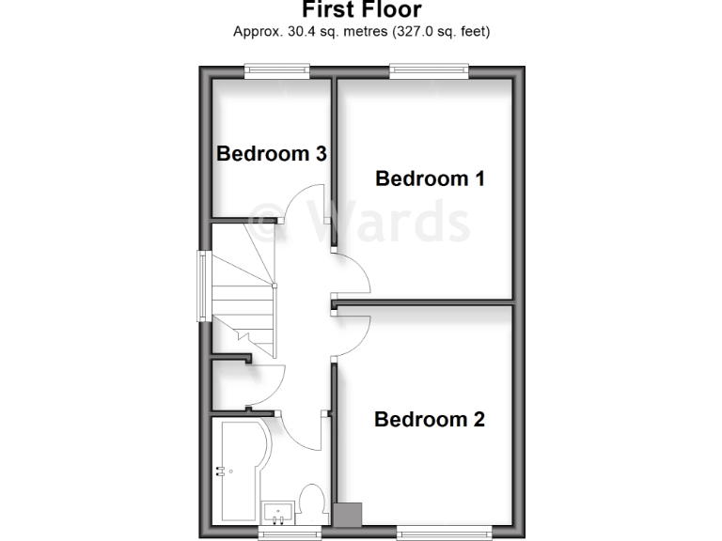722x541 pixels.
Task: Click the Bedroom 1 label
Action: [x=430, y=178]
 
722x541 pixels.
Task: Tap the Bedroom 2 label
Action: [x=430, y=420]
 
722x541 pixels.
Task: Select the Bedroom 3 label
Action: [x=272, y=153]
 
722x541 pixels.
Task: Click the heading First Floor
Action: [x=361, y=10]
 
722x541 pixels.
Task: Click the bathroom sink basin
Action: [x=278, y=512]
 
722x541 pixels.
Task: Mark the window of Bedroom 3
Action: [x=277, y=68]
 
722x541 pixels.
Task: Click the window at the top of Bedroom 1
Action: [x=429, y=68]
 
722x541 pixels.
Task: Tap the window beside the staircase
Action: [x=200, y=286]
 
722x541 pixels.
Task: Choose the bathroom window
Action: [x=289, y=533]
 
